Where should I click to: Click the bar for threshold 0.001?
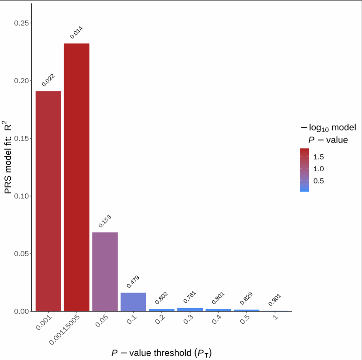pyautogui.click(x=48, y=201)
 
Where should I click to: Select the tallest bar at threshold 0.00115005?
pyautogui.click(x=77, y=177)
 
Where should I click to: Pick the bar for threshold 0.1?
pyautogui.click(x=133, y=302)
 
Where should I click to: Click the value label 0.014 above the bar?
pyautogui.click(x=76, y=32)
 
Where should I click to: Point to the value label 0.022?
pyautogui.click(x=48, y=80)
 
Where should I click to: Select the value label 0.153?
pyautogui.click(x=105, y=221)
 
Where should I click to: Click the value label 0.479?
pyautogui.click(x=133, y=281)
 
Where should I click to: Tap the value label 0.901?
pyautogui.click(x=275, y=300)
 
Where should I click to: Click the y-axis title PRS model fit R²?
pyautogui.click(x=8, y=157)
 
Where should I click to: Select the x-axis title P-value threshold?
pyautogui.click(x=159, y=352)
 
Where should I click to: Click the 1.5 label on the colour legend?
pyautogui.click(x=319, y=157)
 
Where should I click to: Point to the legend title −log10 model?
pyautogui.click(x=328, y=127)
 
